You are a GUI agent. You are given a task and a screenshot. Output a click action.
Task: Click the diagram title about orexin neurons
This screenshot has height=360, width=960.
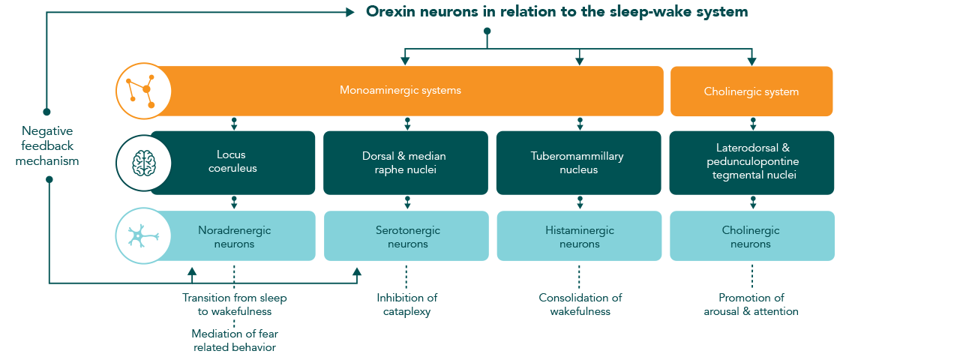click(556, 11)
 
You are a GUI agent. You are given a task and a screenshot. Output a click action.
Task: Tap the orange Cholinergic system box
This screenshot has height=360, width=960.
click(751, 91)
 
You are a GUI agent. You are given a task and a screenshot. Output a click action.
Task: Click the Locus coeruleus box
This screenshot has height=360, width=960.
click(232, 163)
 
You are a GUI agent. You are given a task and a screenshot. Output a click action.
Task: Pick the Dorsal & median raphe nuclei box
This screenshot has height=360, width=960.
click(406, 163)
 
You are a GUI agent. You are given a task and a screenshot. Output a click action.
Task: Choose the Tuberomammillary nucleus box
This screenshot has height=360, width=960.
click(578, 163)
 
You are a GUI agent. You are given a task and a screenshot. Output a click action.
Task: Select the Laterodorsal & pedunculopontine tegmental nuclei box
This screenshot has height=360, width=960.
click(751, 163)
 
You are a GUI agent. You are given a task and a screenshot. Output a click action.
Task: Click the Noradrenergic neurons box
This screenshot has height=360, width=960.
click(234, 235)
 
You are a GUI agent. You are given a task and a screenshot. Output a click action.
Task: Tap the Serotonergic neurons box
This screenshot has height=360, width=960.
click(406, 235)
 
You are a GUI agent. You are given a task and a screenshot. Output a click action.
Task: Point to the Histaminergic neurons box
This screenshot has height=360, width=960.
click(579, 235)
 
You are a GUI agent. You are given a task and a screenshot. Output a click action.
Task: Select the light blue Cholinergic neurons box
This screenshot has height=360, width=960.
click(752, 235)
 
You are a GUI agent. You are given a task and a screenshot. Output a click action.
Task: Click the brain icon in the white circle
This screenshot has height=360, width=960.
click(143, 163)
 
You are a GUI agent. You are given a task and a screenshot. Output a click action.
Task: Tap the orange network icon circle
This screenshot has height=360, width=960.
click(143, 91)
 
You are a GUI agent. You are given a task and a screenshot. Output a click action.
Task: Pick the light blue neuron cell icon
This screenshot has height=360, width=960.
click(142, 235)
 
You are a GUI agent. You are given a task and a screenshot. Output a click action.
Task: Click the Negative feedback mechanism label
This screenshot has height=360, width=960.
click(47, 145)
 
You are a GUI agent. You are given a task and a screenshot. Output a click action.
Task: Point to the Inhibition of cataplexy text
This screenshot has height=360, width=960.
click(406, 304)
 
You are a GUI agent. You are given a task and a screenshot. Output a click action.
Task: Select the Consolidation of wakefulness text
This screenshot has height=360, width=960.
click(580, 304)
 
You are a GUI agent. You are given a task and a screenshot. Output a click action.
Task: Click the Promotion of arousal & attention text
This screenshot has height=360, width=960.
click(751, 304)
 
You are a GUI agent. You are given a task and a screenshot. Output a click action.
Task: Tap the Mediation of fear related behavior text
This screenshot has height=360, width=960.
click(235, 340)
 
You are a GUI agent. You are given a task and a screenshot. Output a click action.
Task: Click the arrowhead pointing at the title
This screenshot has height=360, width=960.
click(350, 13)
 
